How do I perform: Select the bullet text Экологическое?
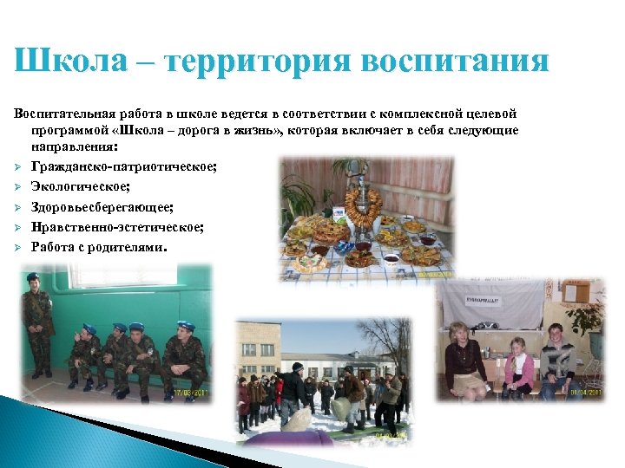(x=80, y=185)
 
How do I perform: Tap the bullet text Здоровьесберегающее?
(x=102, y=206)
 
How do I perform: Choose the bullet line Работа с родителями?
(x=97, y=247)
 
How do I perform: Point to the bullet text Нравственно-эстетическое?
(x=117, y=227)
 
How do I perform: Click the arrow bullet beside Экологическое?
(x=17, y=186)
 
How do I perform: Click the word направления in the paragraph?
(x=74, y=146)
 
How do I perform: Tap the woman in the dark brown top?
(x=465, y=361)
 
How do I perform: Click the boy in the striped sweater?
(x=557, y=359)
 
